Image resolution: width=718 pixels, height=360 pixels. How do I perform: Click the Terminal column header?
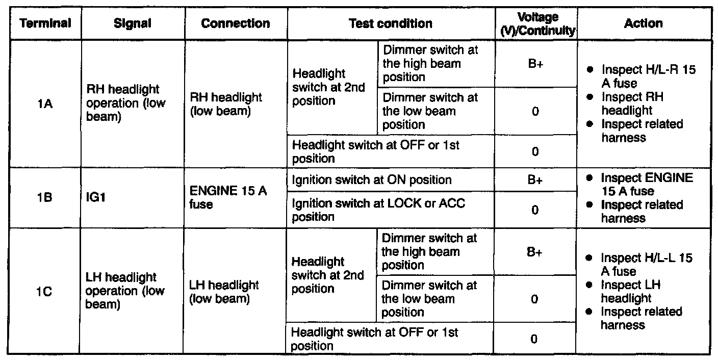(45, 23)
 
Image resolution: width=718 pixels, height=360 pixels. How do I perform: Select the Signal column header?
(133, 23)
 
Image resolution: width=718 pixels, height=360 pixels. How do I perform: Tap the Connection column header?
(236, 23)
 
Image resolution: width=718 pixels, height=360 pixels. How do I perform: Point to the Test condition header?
(391, 23)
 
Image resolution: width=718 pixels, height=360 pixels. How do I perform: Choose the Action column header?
(644, 23)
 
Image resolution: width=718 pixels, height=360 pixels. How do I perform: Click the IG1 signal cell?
(96, 198)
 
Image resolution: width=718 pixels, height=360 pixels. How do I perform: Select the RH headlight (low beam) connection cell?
(225, 104)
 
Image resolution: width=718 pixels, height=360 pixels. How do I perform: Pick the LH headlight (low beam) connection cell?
(224, 292)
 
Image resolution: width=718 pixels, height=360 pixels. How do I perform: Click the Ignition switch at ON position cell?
(371, 180)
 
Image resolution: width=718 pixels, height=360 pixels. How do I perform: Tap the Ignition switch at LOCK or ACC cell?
(378, 210)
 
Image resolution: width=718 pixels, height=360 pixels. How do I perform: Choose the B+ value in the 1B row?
(535, 180)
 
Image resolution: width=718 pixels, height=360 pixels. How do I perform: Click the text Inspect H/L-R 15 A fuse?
(648, 76)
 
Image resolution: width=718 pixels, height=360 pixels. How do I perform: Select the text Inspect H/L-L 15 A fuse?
(646, 265)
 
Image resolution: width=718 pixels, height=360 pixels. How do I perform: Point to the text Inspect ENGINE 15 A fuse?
(647, 185)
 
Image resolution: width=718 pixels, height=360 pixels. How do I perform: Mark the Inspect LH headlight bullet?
(626, 292)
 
